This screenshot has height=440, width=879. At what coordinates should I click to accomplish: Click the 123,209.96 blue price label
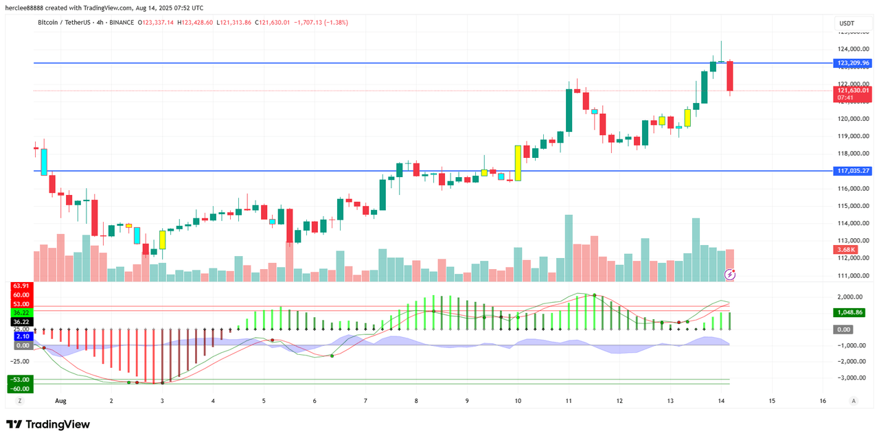click(x=853, y=63)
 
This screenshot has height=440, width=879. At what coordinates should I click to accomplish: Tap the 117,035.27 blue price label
click(x=853, y=171)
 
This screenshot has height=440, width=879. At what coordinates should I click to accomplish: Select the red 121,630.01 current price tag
click(x=853, y=91)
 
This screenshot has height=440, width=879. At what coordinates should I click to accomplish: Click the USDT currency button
click(x=847, y=23)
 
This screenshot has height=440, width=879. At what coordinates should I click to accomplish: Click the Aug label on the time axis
click(x=60, y=400)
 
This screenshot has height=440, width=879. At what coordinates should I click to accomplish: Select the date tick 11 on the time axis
click(x=568, y=400)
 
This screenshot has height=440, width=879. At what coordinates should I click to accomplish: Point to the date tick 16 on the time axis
click(x=823, y=400)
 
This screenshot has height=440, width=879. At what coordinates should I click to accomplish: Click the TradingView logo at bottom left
click(x=48, y=425)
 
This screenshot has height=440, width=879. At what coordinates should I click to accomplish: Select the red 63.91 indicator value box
click(x=21, y=286)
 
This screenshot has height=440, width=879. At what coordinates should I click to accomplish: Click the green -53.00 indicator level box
click(x=19, y=380)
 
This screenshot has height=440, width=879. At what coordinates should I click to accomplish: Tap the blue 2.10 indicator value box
click(x=21, y=336)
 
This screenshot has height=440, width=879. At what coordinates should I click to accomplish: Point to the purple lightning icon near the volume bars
click(x=731, y=275)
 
